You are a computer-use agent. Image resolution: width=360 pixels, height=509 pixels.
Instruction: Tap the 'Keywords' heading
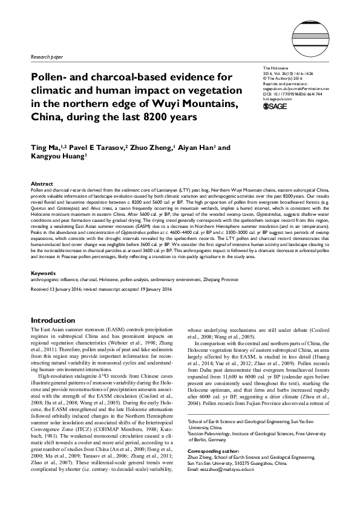tap(43, 273)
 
